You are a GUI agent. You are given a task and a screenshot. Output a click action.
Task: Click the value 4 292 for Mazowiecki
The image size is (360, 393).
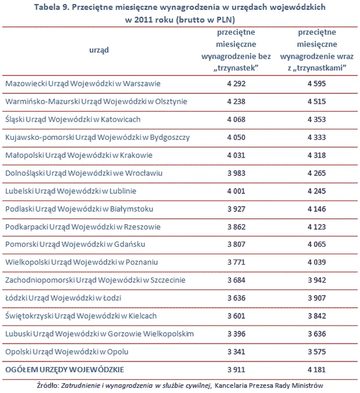(x=236, y=83)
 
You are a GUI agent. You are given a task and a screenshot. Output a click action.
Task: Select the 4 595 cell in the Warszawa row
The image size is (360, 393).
(x=316, y=83)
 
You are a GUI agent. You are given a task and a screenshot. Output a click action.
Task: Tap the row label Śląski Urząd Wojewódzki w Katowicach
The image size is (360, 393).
(x=73, y=120)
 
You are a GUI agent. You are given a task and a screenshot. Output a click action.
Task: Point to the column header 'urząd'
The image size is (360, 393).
(x=99, y=50)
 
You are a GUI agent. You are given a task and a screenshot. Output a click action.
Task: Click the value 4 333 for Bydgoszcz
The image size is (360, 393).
(x=316, y=138)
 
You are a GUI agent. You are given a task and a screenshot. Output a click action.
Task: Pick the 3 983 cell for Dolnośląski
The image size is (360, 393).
(x=236, y=173)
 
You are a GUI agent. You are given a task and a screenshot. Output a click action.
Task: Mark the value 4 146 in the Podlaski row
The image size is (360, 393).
(x=316, y=209)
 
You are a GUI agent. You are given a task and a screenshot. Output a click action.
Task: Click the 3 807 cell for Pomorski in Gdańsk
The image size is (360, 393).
(x=236, y=245)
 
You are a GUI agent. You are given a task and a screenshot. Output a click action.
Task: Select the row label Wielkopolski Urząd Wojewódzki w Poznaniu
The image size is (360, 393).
(x=80, y=262)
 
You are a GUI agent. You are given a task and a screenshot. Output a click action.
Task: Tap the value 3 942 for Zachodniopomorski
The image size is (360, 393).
(x=316, y=280)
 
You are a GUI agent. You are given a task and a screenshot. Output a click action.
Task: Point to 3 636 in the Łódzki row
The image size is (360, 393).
(x=236, y=298)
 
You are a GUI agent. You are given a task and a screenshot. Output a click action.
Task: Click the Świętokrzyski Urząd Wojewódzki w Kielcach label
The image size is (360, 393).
(x=81, y=316)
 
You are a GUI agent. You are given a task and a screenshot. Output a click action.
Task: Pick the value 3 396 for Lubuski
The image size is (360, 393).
(x=236, y=334)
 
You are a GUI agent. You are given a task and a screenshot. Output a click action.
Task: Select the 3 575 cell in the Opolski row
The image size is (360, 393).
(x=316, y=352)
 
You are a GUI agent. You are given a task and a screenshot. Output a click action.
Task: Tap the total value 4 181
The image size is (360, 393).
(x=316, y=369)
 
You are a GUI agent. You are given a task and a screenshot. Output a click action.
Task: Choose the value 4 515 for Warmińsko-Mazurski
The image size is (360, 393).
(x=316, y=102)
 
